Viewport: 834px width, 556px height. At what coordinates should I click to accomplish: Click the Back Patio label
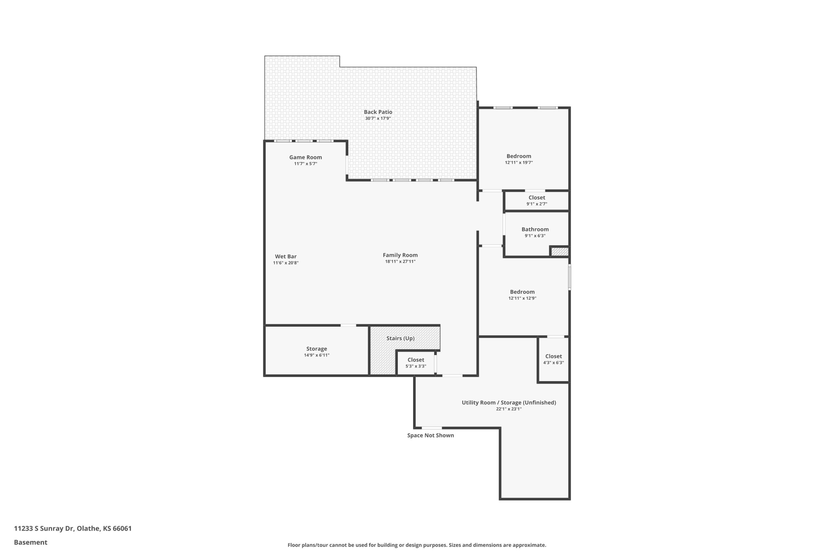click(x=378, y=112)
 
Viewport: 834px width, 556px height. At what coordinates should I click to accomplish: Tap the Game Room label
click(x=305, y=157)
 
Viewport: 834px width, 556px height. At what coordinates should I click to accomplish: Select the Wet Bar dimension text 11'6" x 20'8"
click(x=285, y=263)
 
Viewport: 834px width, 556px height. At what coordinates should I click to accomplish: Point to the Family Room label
click(x=400, y=255)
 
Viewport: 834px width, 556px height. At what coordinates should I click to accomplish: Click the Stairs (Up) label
click(x=400, y=338)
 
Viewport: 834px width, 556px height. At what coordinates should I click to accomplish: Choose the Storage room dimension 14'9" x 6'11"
click(x=316, y=355)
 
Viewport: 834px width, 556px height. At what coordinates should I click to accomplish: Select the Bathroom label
click(x=535, y=229)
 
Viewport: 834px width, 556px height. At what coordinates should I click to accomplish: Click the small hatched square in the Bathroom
click(x=560, y=251)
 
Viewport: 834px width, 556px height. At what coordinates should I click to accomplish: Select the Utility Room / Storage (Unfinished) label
click(x=509, y=403)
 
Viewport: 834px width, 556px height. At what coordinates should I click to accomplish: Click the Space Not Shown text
click(x=430, y=435)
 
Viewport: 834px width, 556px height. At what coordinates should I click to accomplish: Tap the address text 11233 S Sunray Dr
click(x=44, y=528)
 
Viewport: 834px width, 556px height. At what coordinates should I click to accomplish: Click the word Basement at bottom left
click(x=31, y=542)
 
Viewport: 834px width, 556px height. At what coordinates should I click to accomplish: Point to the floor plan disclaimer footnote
click(x=417, y=545)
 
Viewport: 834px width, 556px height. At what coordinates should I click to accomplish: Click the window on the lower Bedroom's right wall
click(x=569, y=277)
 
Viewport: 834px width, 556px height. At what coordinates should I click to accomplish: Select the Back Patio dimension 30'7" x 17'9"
click(x=378, y=119)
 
